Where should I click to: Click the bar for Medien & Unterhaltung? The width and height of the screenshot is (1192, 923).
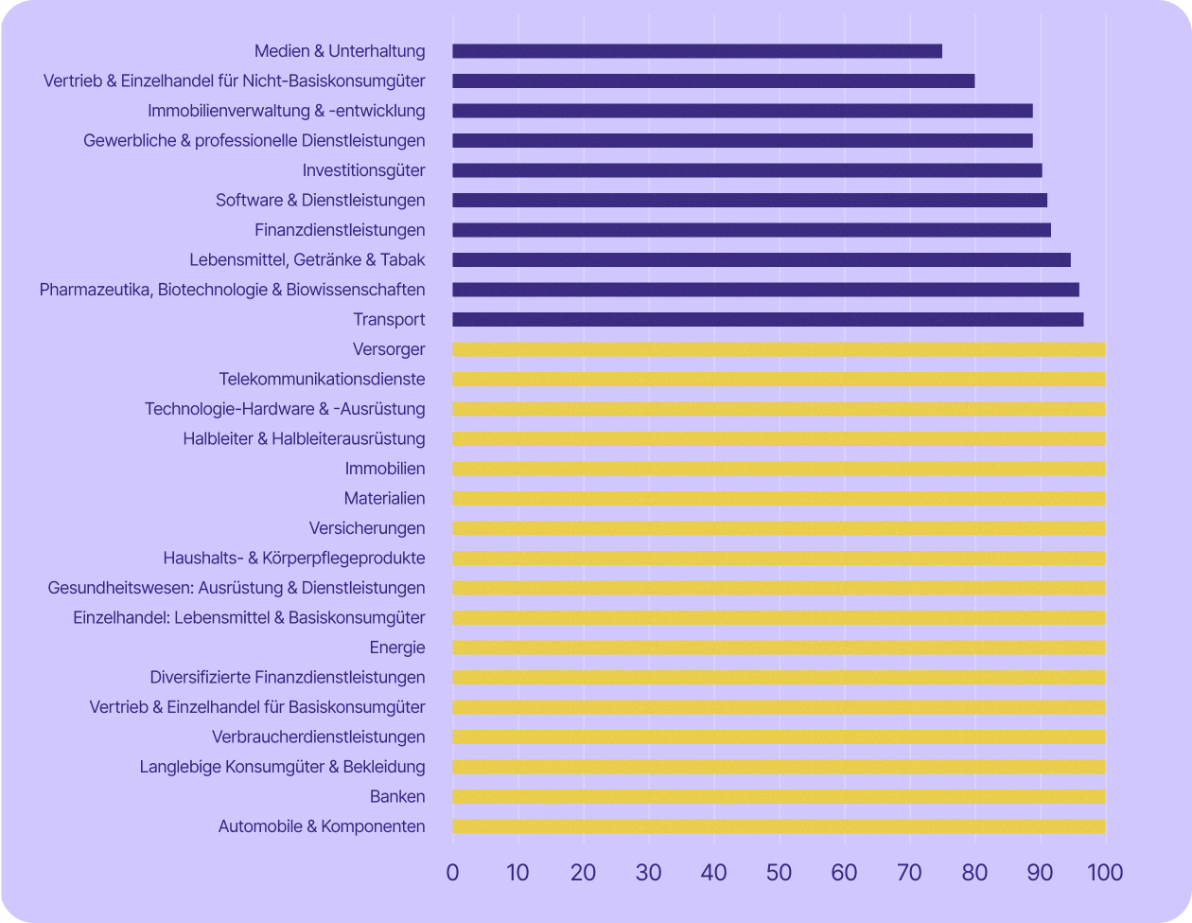[x=697, y=51]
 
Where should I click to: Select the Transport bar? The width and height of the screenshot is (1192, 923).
[x=768, y=320]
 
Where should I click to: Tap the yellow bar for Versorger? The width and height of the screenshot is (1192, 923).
[x=779, y=349]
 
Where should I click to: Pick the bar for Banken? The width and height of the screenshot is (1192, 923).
[x=779, y=797]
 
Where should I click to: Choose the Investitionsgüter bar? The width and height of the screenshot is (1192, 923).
[x=747, y=170]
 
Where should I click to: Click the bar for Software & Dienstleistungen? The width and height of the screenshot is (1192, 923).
[x=750, y=201]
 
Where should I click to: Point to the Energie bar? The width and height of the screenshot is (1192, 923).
[x=779, y=648]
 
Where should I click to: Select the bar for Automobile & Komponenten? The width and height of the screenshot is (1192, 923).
[x=779, y=826]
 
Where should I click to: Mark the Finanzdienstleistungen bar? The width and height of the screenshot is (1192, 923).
[x=752, y=230]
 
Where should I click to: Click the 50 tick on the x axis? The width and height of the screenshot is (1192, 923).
[x=779, y=872]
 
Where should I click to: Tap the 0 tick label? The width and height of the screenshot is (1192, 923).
[x=452, y=872]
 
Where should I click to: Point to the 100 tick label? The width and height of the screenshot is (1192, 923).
[x=1104, y=872]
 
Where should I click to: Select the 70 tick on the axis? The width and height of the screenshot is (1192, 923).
[x=909, y=872]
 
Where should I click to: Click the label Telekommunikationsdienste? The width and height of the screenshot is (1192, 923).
[x=322, y=380]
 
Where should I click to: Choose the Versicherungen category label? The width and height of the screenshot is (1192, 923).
[x=367, y=528]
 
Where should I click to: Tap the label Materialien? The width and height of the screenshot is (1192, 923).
[x=384, y=499]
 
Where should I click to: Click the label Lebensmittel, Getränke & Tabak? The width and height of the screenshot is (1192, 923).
[x=307, y=260]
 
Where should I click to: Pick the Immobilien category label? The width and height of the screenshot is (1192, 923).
[x=385, y=469]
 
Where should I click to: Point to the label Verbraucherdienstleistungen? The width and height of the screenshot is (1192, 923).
[x=319, y=737]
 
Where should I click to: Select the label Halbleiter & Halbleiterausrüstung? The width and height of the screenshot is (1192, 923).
[x=304, y=439]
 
